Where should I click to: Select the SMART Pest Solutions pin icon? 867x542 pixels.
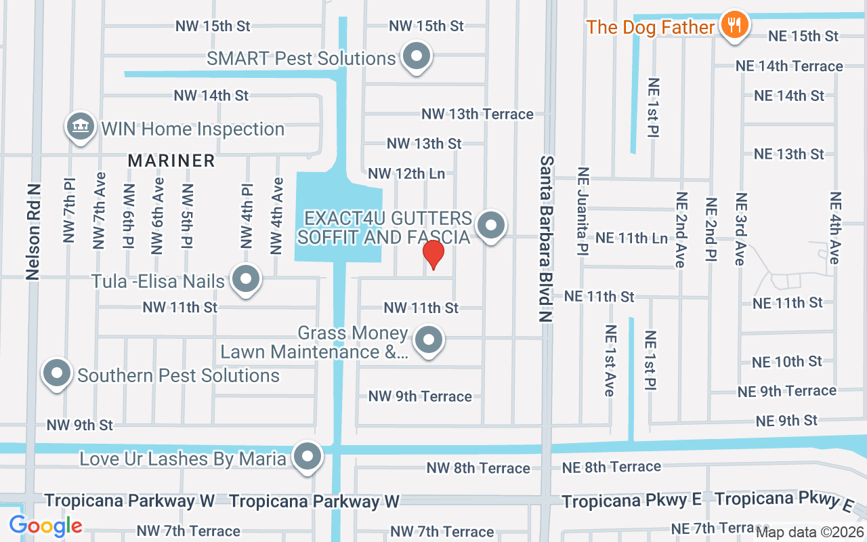tap(417, 58)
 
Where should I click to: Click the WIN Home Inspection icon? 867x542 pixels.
tap(81, 127)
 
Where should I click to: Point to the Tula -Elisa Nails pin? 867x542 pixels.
tap(245, 279)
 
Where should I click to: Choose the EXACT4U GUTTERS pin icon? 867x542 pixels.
tap(491, 226)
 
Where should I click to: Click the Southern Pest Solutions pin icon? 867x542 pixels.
tap(58, 374)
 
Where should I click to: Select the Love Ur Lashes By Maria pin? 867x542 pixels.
tap(308, 457)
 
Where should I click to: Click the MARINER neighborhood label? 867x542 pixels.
tap(171, 161)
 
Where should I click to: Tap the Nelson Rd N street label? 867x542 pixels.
tap(33, 231)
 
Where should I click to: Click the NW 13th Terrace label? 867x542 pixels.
tap(478, 114)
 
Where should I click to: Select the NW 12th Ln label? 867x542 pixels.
tap(406, 173)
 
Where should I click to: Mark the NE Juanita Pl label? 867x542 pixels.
tap(581, 211)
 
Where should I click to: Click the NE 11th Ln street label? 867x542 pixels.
tap(631, 238)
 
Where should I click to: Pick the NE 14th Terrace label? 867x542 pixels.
tap(789, 66)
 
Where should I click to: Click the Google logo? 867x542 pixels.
tap(45, 525)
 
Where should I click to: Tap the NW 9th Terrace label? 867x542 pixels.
tap(420, 396)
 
